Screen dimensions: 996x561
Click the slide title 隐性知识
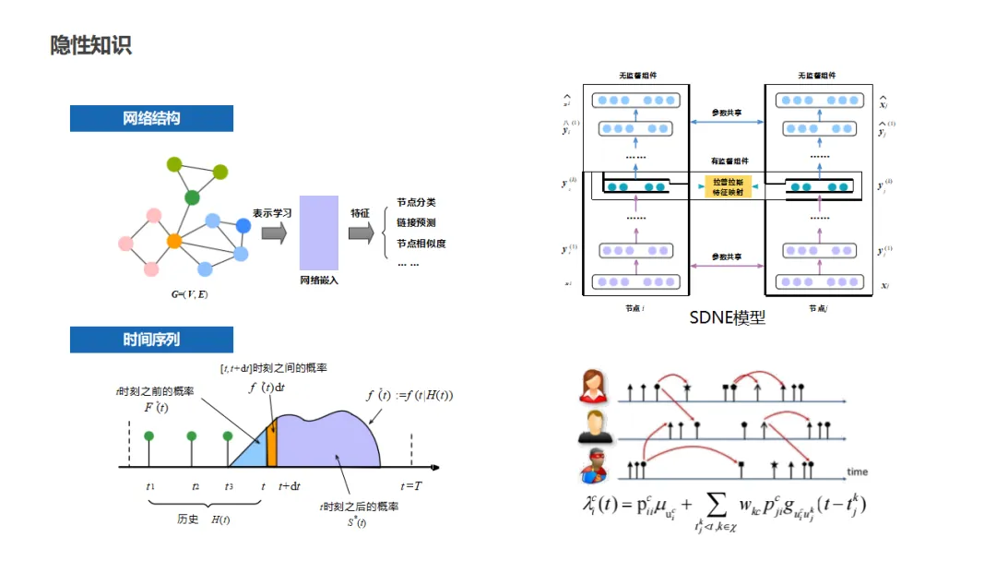91,45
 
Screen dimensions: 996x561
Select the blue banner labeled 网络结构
151,119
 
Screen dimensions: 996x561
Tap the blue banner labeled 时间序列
151,340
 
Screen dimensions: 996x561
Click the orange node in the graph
173,241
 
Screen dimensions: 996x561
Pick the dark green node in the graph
192,197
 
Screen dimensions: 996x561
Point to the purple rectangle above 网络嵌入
319,233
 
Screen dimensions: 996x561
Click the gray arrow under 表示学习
274,233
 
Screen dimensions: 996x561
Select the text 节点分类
416,203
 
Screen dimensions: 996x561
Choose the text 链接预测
416,223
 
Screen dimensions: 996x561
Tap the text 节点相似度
421,244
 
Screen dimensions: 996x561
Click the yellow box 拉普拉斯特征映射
729,186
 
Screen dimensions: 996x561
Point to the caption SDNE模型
728,318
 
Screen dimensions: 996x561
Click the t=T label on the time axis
411,486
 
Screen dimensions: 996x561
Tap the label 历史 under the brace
187,519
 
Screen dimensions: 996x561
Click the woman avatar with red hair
594,386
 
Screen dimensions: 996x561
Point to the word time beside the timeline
857,471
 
